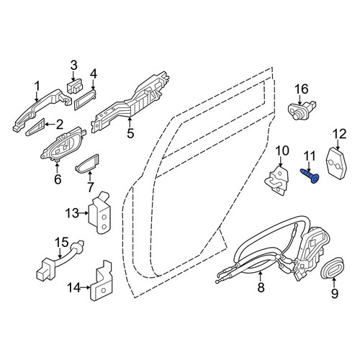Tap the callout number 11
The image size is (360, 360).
tap(310, 157)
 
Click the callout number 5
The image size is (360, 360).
tap(130, 133)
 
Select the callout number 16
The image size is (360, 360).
tap(302, 90)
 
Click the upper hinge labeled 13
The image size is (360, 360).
tap(99, 212)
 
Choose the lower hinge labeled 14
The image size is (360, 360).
tap(100, 281)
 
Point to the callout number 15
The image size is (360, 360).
tap(61, 243)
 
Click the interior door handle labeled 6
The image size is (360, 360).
tap(63, 143)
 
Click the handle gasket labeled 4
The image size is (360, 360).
tap(84, 100)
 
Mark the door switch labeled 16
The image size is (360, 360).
tap(302, 109)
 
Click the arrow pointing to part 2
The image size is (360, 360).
tap(50, 125)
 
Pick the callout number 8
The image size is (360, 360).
tap(261, 287)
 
